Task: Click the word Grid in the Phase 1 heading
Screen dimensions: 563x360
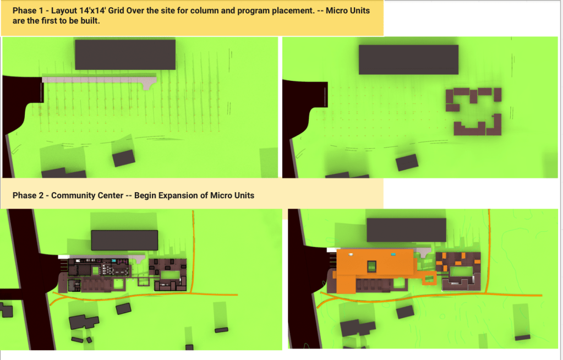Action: [x=116, y=10]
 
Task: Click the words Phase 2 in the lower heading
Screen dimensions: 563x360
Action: [x=28, y=195]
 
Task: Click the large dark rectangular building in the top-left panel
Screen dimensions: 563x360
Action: [x=125, y=54]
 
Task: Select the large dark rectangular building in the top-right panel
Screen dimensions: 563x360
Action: [x=408, y=59]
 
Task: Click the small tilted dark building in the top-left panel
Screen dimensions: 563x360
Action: [x=124, y=159]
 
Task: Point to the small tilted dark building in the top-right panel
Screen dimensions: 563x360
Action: [x=407, y=162]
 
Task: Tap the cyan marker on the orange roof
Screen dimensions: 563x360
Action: [x=393, y=254]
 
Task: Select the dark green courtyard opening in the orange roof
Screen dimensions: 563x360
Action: [x=371, y=266]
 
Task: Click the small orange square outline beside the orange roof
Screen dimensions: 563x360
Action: [x=429, y=279]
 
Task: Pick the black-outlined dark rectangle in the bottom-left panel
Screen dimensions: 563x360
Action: [x=124, y=241]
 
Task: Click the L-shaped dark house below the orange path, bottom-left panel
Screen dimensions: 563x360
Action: [x=84, y=321]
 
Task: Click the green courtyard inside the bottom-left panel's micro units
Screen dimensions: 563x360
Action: [x=170, y=275]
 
